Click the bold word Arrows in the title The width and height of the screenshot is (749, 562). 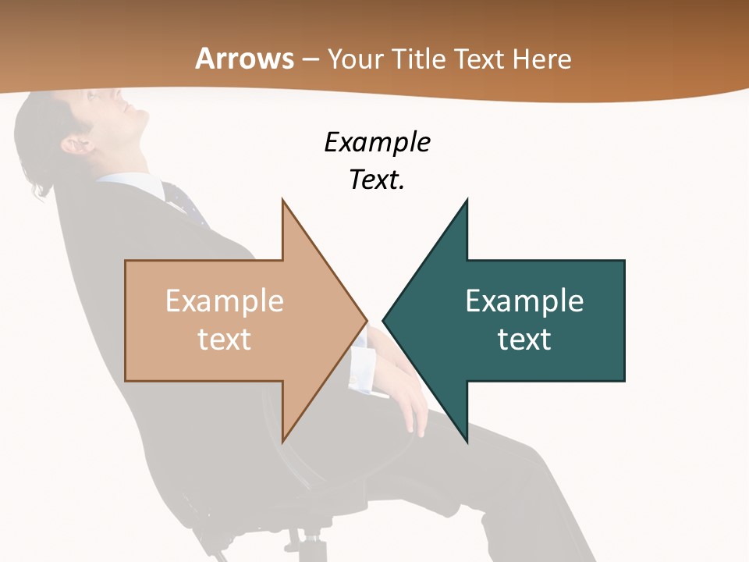click(x=244, y=59)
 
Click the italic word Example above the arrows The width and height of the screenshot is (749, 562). click(x=377, y=142)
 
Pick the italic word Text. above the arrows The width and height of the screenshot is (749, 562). click(x=377, y=180)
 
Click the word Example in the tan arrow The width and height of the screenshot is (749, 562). click(x=225, y=301)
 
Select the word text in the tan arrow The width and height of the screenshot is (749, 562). click(x=225, y=339)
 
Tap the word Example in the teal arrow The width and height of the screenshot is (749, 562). click(x=524, y=301)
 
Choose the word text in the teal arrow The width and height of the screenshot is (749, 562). click(x=524, y=339)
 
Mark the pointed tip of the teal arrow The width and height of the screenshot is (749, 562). click(x=385, y=319)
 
